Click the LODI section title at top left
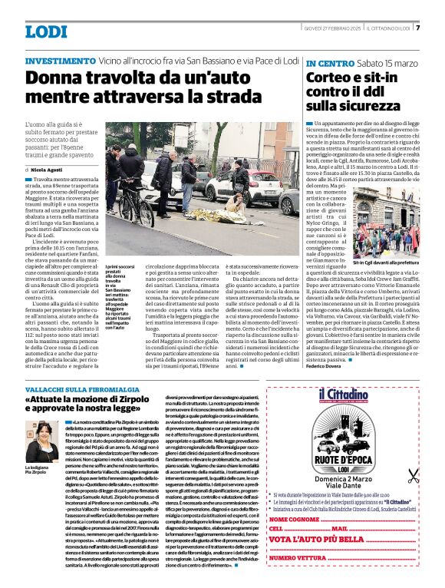[x=46, y=31]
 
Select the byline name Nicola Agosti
[x=47, y=169]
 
